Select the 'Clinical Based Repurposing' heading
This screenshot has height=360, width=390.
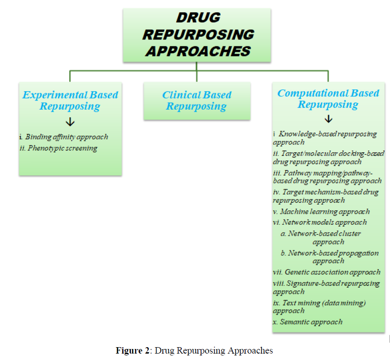pos(196,101)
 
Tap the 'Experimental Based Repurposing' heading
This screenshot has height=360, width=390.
pos(70,101)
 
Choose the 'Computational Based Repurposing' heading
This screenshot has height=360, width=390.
pos(328,99)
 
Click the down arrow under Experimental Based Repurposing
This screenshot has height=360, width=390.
pos(70,122)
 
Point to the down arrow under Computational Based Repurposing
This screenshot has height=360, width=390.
pos(329,119)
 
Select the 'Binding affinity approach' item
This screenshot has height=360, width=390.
pos(67,137)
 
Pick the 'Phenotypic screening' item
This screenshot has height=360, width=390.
pos(62,148)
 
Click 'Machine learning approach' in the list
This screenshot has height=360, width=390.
pos(324,211)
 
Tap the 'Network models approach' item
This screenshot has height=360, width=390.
pos(324,222)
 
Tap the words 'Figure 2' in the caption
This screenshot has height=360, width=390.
pos(133,351)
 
